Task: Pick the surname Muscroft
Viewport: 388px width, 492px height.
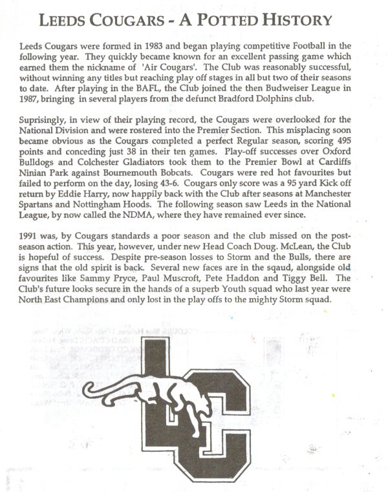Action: (178, 290)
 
